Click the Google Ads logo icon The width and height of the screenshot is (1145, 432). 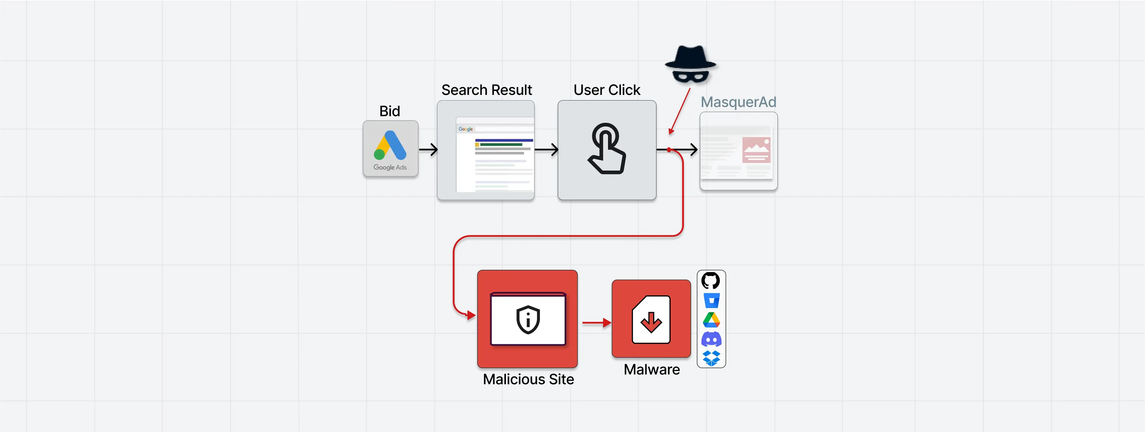tap(390, 146)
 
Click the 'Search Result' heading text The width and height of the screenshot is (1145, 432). tap(486, 90)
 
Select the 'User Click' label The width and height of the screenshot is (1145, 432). tap(607, 90)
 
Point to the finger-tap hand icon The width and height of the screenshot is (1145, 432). tap(607, 149)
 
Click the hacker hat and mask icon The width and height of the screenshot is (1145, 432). tap(690, 64)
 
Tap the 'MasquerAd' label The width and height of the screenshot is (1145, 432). tap(738, 102)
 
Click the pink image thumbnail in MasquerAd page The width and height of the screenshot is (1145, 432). tap(756, 150)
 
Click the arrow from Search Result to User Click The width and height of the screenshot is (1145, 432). tap(546, 150)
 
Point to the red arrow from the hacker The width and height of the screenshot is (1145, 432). tap(680, 111)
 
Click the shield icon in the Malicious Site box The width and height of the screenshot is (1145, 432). tap(528, 319)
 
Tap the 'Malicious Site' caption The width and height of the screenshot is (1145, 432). tap(528, 379)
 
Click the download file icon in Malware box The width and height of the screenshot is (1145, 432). tap(651, 320)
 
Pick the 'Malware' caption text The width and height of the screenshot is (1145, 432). tap(652, 369)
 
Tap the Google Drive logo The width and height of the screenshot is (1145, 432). tap(711, 320)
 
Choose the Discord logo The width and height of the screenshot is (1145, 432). tap(711, 339)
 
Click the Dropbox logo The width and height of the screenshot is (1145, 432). tap(711, 358)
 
